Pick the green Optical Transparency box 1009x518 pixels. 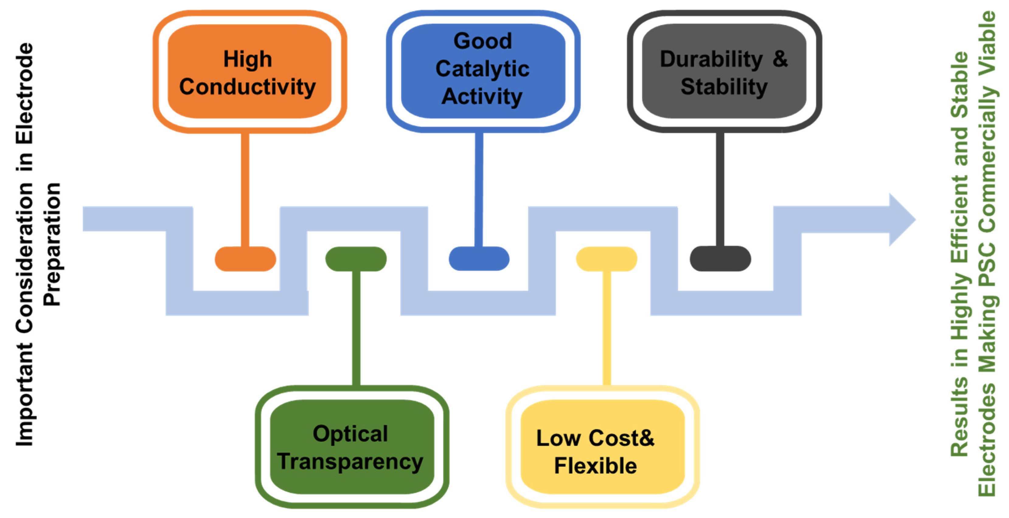point(352,447)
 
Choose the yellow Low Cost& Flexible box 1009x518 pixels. point(602,447)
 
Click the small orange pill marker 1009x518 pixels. point(245,259)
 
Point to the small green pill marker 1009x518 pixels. point(356,259)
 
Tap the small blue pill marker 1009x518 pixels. point(479,259)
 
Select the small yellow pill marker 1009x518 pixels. point(606,259)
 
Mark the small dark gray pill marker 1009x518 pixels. point(720,259)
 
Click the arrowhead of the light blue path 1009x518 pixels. point(901,220)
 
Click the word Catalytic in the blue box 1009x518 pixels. point(482,69)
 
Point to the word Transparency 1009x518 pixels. point(350,462)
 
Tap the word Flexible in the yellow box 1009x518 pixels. point(595,466)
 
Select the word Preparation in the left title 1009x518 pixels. point(52,244)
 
